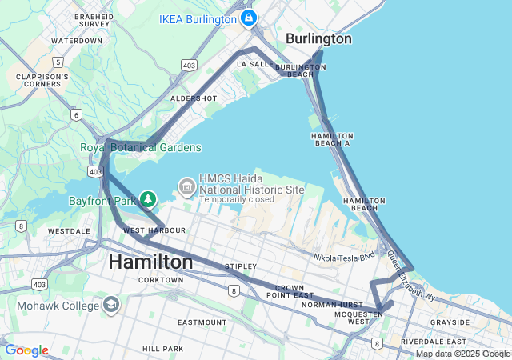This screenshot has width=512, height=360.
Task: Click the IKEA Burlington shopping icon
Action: point(249,18)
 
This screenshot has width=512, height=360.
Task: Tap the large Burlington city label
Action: point(318,39)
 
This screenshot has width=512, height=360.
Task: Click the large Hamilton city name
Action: point(150,262)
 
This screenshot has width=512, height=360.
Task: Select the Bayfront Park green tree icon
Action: point(147,198)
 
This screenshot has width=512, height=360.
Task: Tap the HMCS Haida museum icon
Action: point(187,187)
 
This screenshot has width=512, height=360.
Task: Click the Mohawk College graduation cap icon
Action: point(110,304)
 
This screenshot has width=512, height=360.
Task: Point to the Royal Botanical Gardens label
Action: point(140,147)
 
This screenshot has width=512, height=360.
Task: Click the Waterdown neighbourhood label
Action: point(77,40)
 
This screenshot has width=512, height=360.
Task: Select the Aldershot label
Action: point(194,98)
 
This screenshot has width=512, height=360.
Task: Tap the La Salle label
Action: point(255,62)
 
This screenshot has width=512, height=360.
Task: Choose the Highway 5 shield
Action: point(57,62)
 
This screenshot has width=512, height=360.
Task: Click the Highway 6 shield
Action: point(76,115)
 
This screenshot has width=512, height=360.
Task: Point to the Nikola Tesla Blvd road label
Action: point(344,258)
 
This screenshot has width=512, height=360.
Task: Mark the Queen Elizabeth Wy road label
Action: point(411,277)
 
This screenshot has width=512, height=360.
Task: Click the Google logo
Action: point(26,350)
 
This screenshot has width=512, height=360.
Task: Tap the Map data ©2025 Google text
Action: point(462,354)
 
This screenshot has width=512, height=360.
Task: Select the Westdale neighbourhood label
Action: point(69,230)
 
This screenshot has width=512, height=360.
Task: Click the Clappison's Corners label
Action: point(42,82)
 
